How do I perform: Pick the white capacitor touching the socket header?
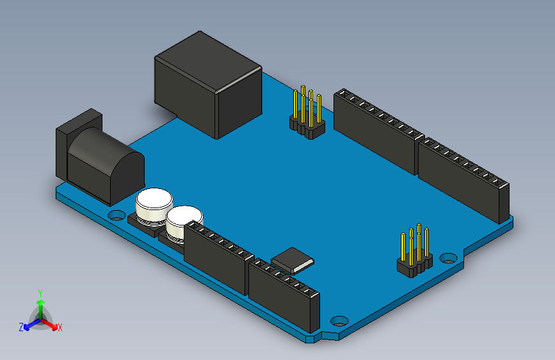(182, 222)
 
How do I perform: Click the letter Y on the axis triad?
(40, 293)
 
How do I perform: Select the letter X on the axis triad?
(60, 328)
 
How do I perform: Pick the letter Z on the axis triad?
(21, 327)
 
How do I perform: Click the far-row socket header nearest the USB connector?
(374, 131)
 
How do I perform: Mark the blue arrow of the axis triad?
(29, 324)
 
